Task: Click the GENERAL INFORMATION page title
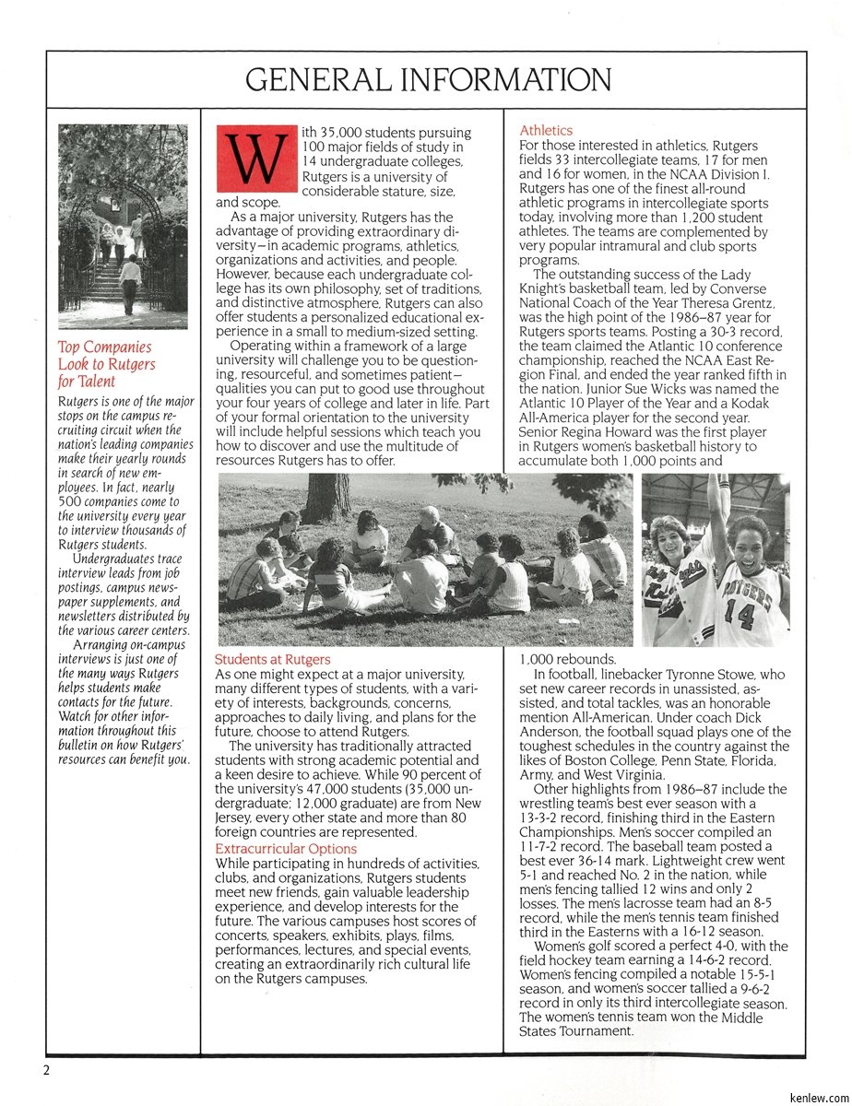pos(427,80)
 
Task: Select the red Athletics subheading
pos(546,131)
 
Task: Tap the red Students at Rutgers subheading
pos(272,660)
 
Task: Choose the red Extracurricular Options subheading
pos(286,848)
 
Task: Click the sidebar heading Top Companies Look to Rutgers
pos(106,364)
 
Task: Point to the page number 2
pos(44,1070)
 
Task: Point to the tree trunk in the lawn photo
pos(328,498)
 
